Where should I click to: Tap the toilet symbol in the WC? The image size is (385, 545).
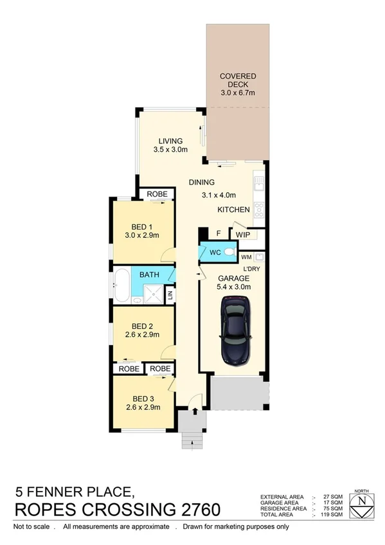(228, 253)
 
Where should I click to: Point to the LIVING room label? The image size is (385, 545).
(170, 141)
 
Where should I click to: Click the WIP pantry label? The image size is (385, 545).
(242, 235)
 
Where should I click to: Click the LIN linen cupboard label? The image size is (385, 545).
(170, 295)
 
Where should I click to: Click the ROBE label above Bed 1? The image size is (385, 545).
(157, 193)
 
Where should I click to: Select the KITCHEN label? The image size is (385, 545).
(233, 210)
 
